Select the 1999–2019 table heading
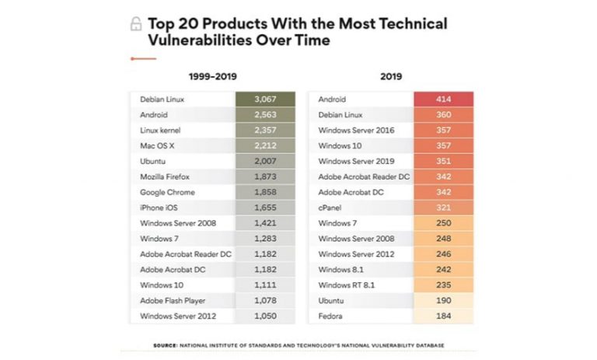(x=212, y=76)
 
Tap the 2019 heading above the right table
(x=391, y=76)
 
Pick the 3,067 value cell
(x=264, y=100)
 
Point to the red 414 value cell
(x=443, y=100)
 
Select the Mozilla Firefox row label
(x=165, y=177)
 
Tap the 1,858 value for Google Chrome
(x=264, y=192)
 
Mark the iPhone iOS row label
(x=158, y=208)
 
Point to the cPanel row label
(x=331, y=208)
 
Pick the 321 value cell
(x=443, y=208)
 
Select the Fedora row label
(x=330, y=316)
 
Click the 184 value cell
(x=443, y=316)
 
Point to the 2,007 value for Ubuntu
(x=264, y=161)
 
